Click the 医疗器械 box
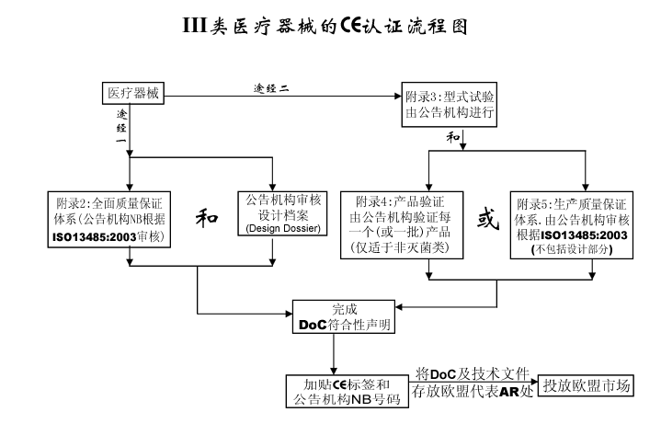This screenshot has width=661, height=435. pos(132,94)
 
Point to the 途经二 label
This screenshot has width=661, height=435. pos(271,88)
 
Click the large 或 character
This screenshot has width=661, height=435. pos(484,220)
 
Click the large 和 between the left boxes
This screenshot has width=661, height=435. pos(207,218)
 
